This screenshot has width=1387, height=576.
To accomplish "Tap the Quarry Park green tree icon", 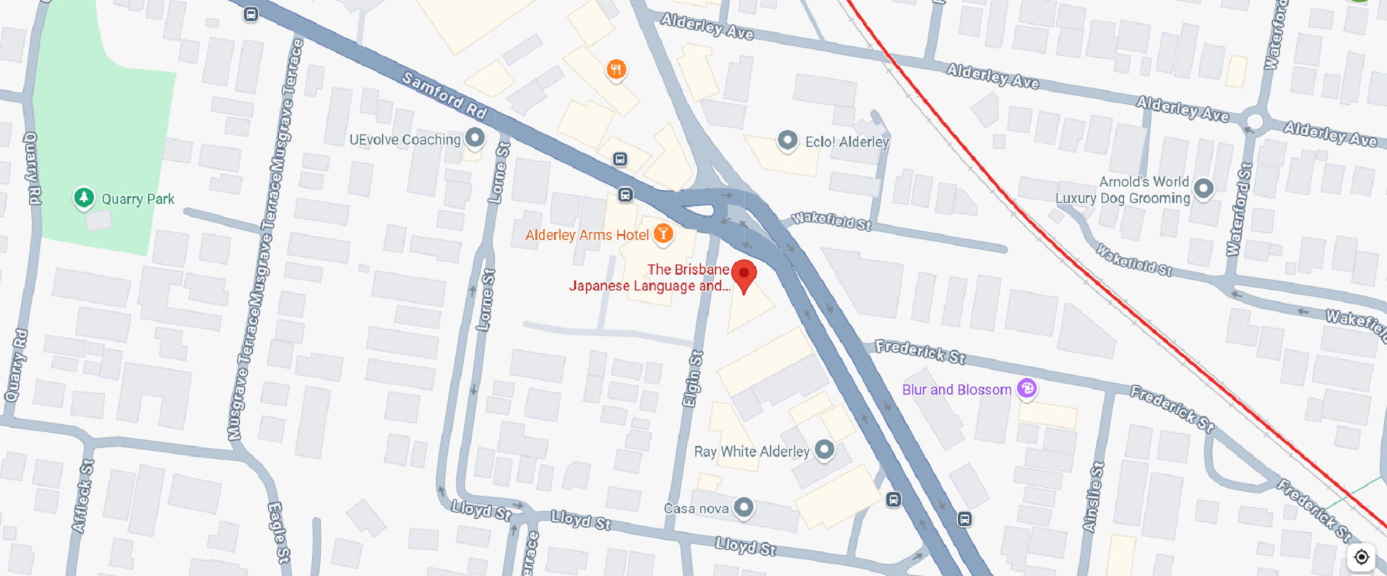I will (84, 197).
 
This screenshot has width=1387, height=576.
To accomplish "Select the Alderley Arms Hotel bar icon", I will (663, 233).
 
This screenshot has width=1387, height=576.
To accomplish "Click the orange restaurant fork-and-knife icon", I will (616, 69).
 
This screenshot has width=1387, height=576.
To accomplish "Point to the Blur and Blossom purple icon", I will (1027, 388).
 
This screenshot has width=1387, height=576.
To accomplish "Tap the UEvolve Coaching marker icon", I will (475, 137).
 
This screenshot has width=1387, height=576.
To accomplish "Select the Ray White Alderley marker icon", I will (824, 450).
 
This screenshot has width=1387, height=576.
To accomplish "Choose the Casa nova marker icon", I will (743, 507).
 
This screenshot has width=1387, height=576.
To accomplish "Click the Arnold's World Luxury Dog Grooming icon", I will (1204, 188).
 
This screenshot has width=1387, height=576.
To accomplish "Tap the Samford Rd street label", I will (444, 95).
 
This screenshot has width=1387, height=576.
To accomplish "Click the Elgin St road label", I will (693, 379).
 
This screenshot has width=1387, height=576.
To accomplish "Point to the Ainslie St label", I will (1094, 497).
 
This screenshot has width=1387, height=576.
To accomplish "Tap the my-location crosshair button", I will (1361, 557).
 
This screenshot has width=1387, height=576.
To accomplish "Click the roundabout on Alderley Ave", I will (1256, 121).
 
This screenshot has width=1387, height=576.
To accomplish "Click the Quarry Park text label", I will (138, 199).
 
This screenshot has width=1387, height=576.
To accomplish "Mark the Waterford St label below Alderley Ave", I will (1240, 210).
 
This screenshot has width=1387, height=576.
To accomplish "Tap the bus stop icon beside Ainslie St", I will (964, 519).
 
